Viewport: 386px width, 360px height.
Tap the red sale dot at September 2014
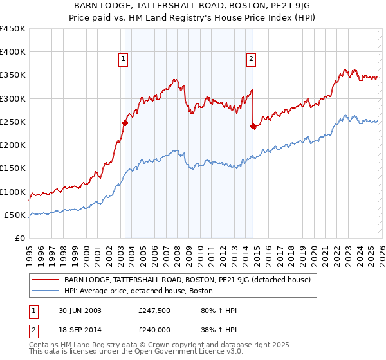pos(253,127)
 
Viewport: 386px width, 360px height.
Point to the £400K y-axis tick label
pos(12,52)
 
